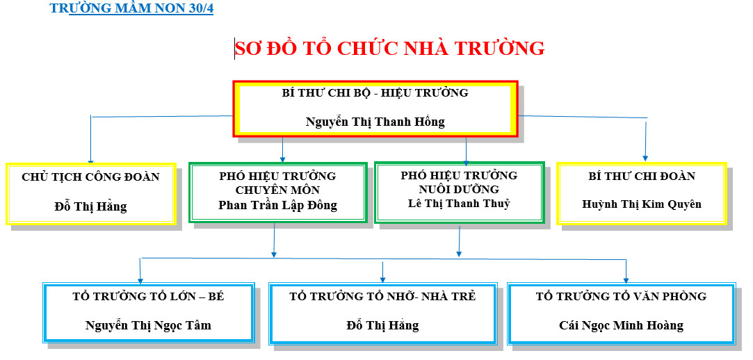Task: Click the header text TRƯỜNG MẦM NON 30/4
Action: tap(131, 8)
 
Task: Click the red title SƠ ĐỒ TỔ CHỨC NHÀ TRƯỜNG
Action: tap(390, 49)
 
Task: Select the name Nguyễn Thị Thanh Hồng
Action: tap(375, 122)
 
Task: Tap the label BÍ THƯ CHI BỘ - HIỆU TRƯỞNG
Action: tap(375, 93)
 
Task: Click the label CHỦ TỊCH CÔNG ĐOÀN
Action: tap(90, 177)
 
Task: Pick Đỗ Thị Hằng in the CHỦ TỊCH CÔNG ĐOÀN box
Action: tap(90, 207)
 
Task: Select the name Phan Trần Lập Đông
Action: tap(277, 206)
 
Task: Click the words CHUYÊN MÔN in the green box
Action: tap(277, 190)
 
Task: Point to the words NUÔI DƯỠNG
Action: tap(459, 190)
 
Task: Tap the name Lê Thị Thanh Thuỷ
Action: tap(459, 204)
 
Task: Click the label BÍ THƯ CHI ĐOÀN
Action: tap(642, 176)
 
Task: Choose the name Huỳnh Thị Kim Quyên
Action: tap(642, 204)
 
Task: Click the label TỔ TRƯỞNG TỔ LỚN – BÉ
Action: tap(148, 297)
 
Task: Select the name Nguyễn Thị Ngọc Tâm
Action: tap(148, 325)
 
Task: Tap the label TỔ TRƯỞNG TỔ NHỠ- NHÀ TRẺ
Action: tap(382, 297)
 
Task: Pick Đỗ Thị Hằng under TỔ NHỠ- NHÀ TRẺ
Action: tap(382, 325)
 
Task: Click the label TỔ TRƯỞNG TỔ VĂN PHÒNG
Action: tap(621, 297)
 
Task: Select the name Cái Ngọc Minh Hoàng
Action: tap(621, 325)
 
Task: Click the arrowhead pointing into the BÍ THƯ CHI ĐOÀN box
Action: tap(645, 158)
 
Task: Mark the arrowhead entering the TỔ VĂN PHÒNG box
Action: tap(626, 280)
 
